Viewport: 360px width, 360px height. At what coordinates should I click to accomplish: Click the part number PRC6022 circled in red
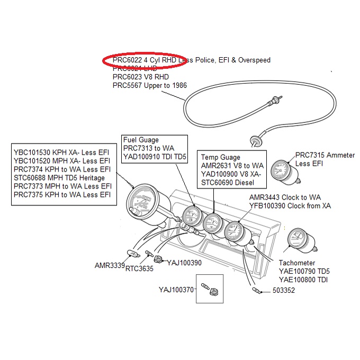[x=128, y=60]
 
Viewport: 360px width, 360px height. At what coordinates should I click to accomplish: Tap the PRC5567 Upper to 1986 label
[x=150, y=85]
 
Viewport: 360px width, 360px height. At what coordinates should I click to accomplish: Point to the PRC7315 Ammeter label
[x=325, y=155]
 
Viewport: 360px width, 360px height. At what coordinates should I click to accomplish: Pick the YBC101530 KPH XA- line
[x=61, y=152]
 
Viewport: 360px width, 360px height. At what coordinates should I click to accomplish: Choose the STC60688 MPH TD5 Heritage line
[x=59, y=178]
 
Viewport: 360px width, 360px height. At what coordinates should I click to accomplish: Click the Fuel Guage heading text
[x=141, y=139]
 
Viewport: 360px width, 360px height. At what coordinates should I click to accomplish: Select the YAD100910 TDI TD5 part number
[x=155, y=156]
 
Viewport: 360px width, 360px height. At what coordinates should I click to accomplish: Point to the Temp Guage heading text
[x=221, y=157]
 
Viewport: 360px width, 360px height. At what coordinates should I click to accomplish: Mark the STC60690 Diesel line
[x=228, y=183]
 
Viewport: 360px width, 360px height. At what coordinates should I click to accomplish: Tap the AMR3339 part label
[x=109, y=265]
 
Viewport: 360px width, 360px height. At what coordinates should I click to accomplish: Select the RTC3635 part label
[x=139, y=268]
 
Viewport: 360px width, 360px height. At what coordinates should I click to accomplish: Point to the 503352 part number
[x=284, y=291]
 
